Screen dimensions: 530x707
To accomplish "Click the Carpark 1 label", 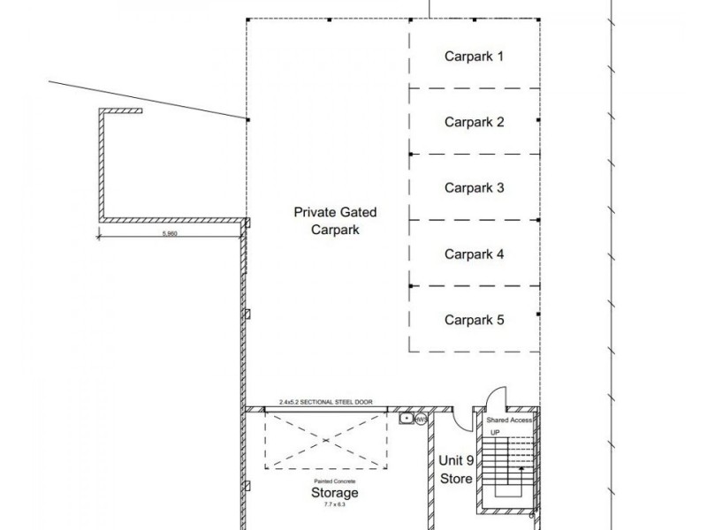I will tap(474, 57).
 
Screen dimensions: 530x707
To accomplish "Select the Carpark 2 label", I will tap(474, 123).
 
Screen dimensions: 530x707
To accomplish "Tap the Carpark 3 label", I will tap(474, 187).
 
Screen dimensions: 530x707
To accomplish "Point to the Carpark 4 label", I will tap(474, 254).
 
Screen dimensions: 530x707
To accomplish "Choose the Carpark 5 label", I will tap(474, 320).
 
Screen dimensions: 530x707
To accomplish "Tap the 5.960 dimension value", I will tap(172, 235).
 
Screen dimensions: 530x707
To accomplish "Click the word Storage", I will tap(335, 492).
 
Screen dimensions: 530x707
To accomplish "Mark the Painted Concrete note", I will tap(334, 481).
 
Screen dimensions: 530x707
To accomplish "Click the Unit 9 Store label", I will tap(457, 469).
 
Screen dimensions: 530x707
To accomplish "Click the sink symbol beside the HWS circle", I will tap(406, 417).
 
